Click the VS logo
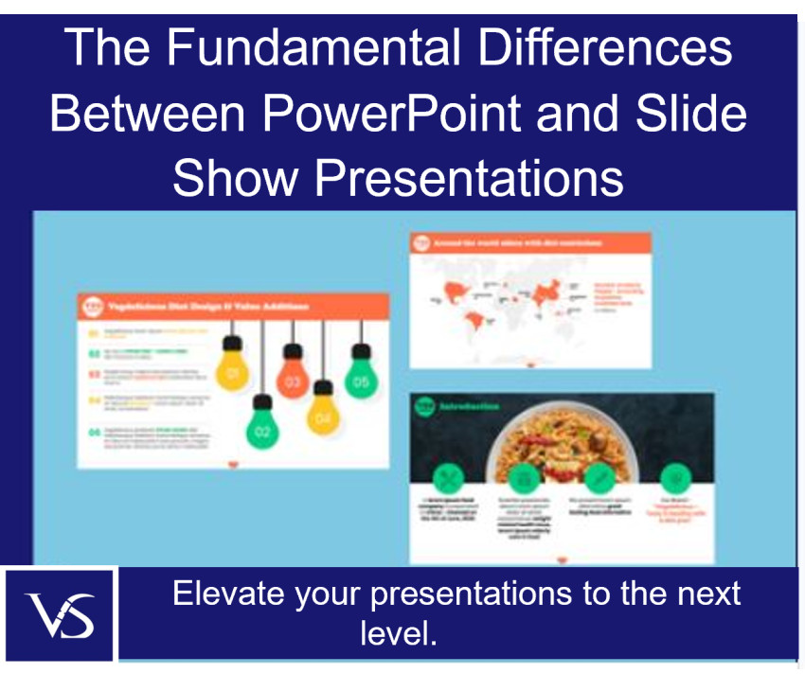pyautogui.click(x=60, y=614)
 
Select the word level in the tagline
pyautogui.click(x=398, y=632)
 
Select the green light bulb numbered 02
pyautogui.click(x=262, y=430)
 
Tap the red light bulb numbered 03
pyautogui.click(x=293, y=380)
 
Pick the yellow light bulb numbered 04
pyautogui.click(x=323, y=413)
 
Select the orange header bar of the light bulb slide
pyautogui.click(x=232, y=306)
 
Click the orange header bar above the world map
pyautogui.click(x=530, y=242)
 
